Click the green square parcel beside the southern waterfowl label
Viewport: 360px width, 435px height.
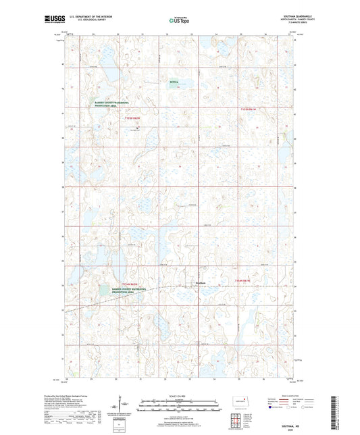coord(103,290)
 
